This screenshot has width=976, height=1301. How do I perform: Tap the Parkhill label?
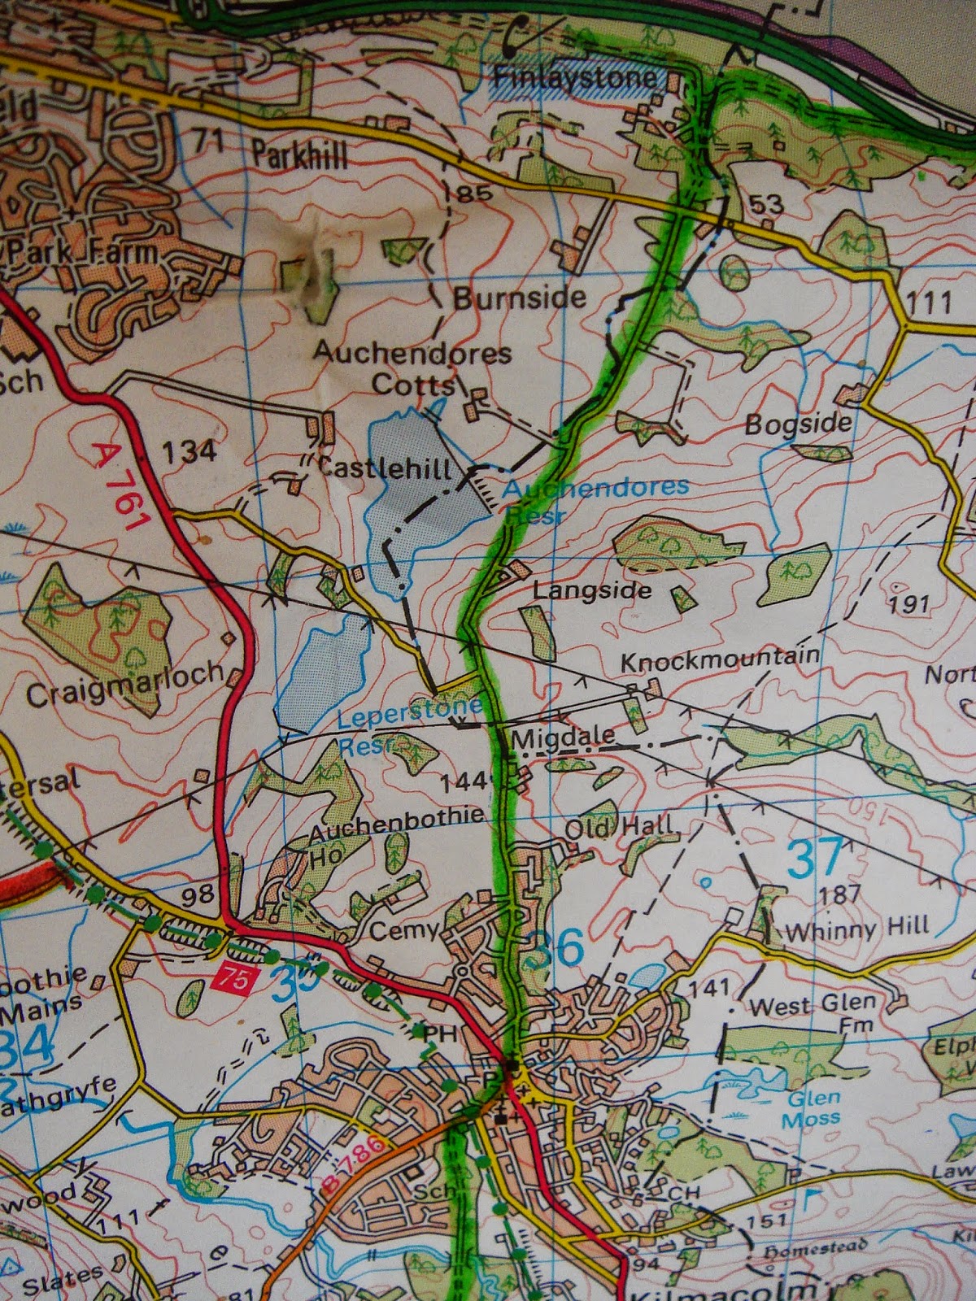point(298,153)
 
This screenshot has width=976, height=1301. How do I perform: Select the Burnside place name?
point(519,298)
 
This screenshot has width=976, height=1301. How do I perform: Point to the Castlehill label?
point(385,468)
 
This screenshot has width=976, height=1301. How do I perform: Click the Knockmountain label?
point(720,659)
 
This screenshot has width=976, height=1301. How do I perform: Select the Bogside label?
point(799,424)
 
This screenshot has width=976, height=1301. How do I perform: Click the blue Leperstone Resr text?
point(407,724)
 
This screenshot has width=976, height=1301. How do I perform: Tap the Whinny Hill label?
point(856,927)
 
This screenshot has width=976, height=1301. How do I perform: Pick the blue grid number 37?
point(816,858)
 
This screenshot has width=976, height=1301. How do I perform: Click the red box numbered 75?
point(233,978)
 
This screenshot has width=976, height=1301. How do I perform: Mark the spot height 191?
point(908,603)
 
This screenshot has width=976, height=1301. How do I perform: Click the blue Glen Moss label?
point(812,1108)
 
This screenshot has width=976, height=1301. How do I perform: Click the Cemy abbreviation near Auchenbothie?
point(404,929)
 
